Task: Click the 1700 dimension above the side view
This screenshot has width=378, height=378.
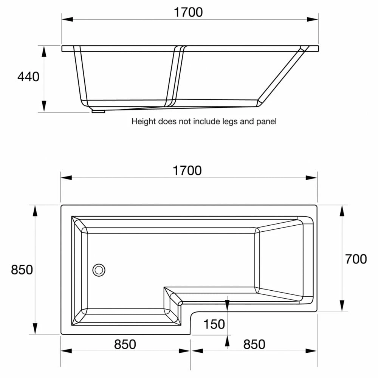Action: tap(188, 12)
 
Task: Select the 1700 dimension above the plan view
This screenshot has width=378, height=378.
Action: tap(187, 171)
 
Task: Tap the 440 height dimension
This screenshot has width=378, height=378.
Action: tap(28, 77)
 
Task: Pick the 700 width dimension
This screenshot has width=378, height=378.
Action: tap(356, 259)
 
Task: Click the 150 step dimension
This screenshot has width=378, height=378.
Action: tap(214, 324)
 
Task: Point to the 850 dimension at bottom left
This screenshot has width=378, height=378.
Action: tap(125, 344)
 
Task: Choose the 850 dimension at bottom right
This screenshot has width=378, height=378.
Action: tap(254, 344)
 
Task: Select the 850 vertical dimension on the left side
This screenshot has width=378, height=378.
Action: tap(22, 270)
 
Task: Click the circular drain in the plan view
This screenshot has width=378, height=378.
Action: tap(99, 270)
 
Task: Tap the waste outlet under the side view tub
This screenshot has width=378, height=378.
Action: tap(98, 112)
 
